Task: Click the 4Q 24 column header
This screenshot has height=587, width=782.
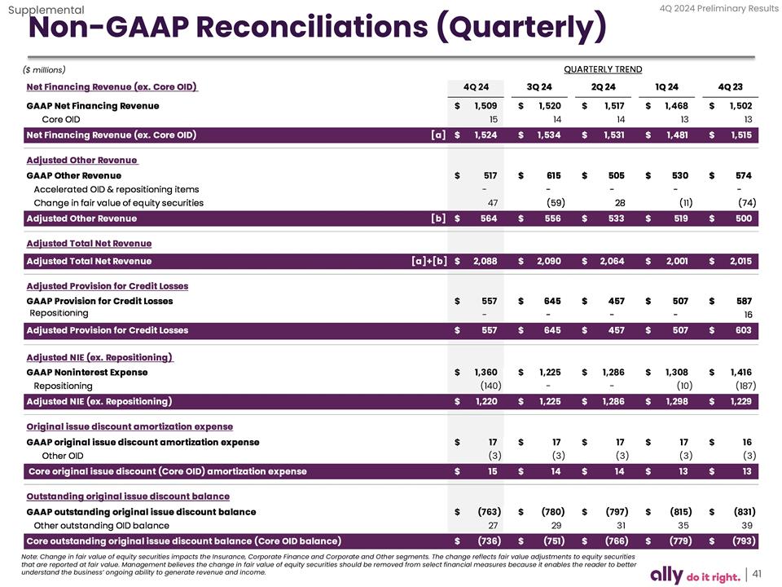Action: (x=476, y=87)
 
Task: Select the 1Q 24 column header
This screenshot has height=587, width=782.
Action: (x=666, y=87)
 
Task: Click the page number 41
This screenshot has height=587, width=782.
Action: (x=757, y=573)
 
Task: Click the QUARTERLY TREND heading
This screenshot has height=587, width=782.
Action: (x=602, y=69)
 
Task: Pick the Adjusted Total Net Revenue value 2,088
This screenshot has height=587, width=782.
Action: (x=485, y=261)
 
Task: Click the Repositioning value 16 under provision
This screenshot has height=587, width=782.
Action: (x=747, y=315)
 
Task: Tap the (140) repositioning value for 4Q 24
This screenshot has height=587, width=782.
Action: (x=490, y=386)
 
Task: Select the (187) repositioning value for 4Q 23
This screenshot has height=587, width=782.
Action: (x=745, y=386)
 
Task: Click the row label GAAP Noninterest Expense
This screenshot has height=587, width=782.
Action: (x=87, y=373)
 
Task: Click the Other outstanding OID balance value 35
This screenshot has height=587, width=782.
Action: (x=683, y=526)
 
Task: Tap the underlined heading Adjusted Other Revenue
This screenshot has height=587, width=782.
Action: (x=81, y=160)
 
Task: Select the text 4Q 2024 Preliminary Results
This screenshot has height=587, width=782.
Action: (x=717, y=8)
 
